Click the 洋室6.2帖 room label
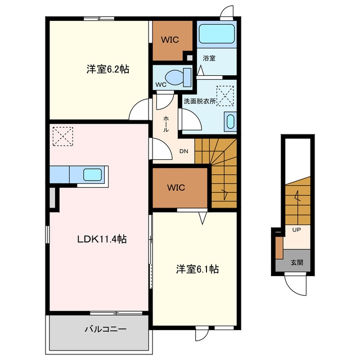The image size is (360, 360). (x=107, y=69)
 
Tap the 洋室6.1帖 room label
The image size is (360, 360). (x=197, y=269)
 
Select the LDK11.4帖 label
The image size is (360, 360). (x=102, y=239)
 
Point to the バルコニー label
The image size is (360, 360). (x=106, y=330)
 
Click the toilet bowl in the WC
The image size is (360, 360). (x=174, y=78)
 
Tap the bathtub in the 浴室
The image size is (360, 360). (x=217, y=34)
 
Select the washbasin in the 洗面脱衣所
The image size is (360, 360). (x=230, y=121)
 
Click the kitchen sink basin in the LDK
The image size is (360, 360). (x=92, y=175)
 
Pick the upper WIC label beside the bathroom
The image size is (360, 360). (x=170, y=40)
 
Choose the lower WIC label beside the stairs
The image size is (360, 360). (x=176, y=187)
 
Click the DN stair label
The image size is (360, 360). (x=184, y=151)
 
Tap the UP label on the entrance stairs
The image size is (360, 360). (x=296, y=229)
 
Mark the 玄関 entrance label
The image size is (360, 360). (x=297, y=263)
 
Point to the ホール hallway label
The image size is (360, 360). (x=166, y=124)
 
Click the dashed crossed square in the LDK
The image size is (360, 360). (x=62, y=136)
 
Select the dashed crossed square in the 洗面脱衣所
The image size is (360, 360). (x=225, y=96)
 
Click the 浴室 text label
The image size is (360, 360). (x=209, y=58)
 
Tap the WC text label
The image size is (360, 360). (x=161, y=84)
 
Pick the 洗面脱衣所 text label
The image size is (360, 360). (x=200, y=101)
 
